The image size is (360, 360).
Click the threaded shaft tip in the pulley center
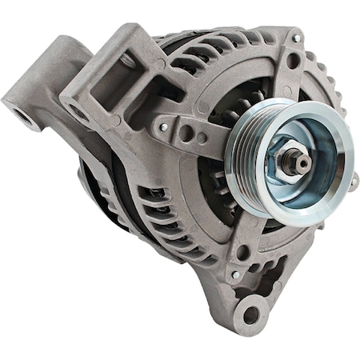302,161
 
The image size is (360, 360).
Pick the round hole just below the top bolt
293,59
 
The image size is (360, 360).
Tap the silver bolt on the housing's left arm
163,126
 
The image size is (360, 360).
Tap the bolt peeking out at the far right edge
353,182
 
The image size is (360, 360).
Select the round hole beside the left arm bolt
185,132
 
